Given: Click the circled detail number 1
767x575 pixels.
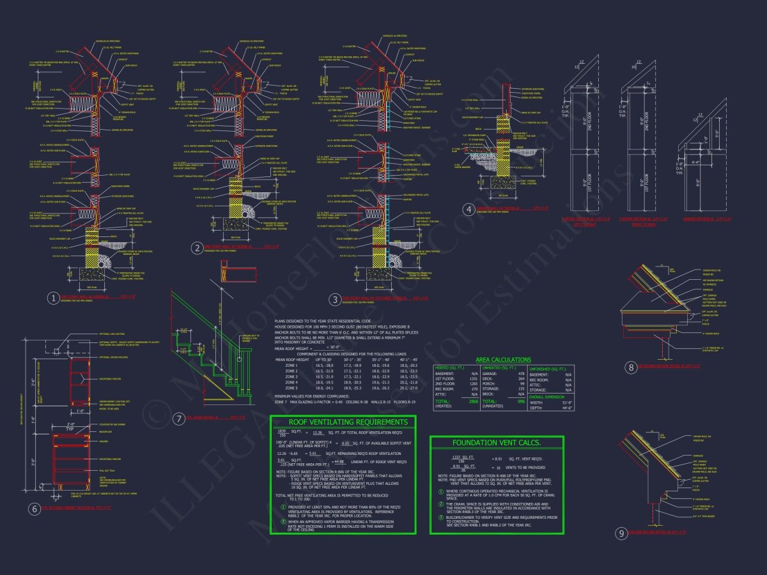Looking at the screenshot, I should [x=53, y=298].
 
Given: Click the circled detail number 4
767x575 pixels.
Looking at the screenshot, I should [x=469, y=210].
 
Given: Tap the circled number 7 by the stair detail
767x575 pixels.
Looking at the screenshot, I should [x=179, y=418].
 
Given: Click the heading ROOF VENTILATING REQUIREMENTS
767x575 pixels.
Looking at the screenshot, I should [x=343, y=422].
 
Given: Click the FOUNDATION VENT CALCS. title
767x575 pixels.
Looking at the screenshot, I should [x=497, y=443].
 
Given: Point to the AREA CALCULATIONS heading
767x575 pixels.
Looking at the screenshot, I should [x=503, y=360].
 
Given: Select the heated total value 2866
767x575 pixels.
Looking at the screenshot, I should [x=474, y=401].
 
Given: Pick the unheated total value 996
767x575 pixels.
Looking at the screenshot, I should [x=521, y=401].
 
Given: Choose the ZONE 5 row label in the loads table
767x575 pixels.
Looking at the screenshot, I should [x=291, y=388].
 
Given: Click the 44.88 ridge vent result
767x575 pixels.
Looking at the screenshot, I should [x=338, y=461].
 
